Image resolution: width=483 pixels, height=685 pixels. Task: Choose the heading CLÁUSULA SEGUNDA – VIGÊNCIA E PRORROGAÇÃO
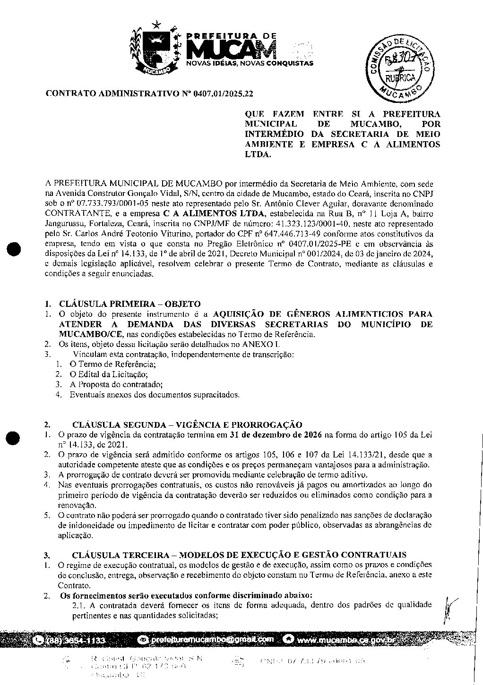click(187, 425)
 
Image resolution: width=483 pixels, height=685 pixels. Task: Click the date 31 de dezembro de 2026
click(276, 434)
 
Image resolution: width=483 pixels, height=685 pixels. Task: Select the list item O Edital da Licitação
click(108, 374)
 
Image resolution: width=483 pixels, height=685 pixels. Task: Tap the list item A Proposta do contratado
click(116, 384)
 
